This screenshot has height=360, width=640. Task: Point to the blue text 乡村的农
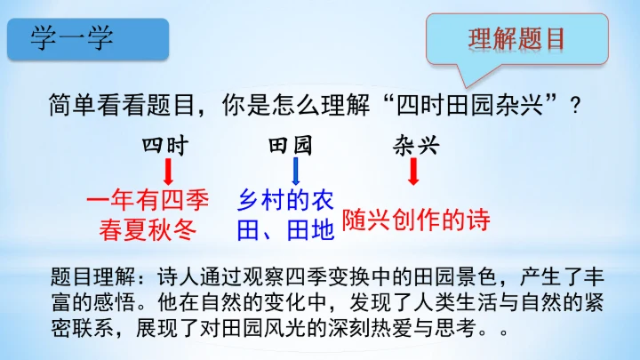point(284,200)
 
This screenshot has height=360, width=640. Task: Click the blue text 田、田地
point(284,231)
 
